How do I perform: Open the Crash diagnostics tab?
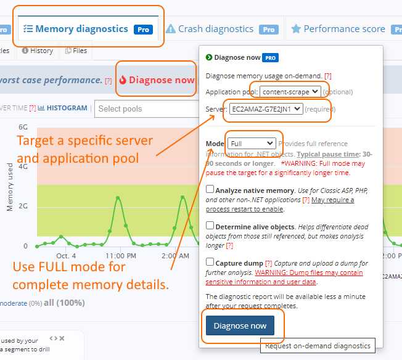(x=215, y=29)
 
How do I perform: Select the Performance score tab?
(x=344, y=29)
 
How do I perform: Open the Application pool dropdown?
(x=290, y=92)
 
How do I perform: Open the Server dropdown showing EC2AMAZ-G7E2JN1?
(x=266, y=109)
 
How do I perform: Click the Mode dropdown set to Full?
(x=251, y=144)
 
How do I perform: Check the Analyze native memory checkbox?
(x=210, y=190)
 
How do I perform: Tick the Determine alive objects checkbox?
(x=210, y=226)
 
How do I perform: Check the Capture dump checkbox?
(x=210, y=262)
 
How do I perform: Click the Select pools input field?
(x=144, y=109)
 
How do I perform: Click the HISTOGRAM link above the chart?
(x=67, y=108)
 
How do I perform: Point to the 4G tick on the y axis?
(x=23, y=166)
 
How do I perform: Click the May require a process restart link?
(x=332, y=200)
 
